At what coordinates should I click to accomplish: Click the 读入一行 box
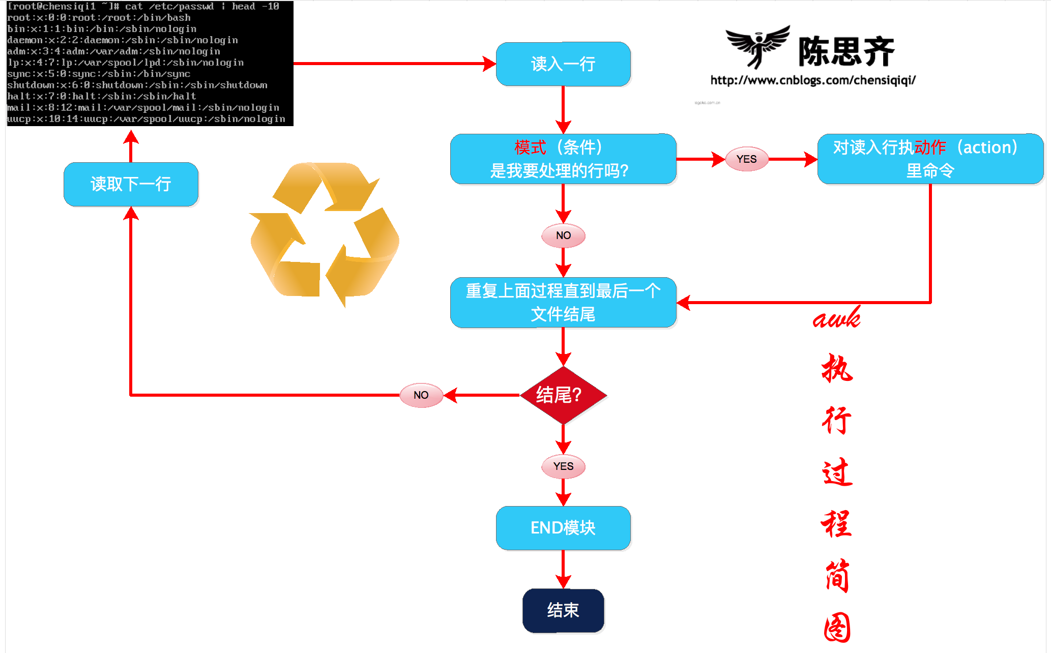[x=563, y=64]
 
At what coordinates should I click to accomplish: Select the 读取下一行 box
[x=131, y=184]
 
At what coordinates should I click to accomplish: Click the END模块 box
[x=563, y=528]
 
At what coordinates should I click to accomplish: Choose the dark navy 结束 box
[x=563, y=610]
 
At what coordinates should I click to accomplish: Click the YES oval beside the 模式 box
[x=746, y=159]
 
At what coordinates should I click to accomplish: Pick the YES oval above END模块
[x=563, y=466]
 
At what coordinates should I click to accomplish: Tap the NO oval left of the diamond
[x=421, y=395]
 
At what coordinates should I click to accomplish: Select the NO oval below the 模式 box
[x=563, y=235]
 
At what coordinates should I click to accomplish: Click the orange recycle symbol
[x=325, y=234]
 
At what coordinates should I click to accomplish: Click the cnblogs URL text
[x=812, y=80]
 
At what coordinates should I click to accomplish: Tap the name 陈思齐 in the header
[x=845, y=52]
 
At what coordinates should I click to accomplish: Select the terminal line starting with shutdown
[x=137, y=85]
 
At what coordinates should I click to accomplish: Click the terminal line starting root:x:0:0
[x=99, y=18]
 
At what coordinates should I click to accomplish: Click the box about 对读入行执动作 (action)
[x=930, y=159]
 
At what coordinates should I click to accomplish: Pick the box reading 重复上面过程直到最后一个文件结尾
[x=563, y=303]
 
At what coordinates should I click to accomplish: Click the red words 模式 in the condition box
[x=530, y=147]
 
